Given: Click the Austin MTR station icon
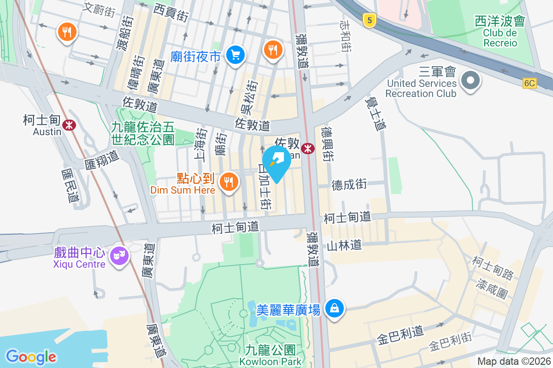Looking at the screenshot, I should pos(70,124).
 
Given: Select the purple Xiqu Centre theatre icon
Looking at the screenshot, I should pos(120,254).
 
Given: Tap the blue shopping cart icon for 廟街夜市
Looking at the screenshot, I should pos(235,55).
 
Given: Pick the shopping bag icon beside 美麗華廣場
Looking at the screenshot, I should pos(335,308).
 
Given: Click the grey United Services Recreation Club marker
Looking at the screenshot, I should pos(470,81).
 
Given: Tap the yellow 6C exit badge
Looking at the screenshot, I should pos(530,83).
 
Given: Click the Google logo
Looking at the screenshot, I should pos(31,356).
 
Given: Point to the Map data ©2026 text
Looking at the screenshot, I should pos(513,362).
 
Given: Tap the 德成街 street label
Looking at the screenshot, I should pos(349,184).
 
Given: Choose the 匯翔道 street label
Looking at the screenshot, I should pos(101,158).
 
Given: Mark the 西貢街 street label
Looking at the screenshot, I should pos(171,12).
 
